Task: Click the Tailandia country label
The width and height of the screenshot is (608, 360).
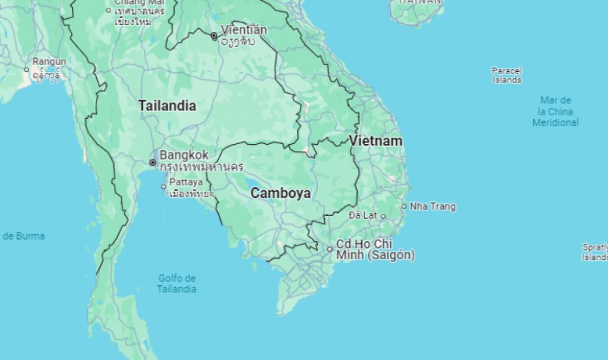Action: (166, 106)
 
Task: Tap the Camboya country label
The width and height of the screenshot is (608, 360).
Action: (280, 193)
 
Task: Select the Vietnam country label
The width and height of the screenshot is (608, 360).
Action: (376, 141)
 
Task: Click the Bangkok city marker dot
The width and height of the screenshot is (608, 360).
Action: (152, 163)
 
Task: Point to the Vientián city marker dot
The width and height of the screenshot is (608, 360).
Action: (214, 36)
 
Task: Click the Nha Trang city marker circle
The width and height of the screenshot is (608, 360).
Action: (404, 206)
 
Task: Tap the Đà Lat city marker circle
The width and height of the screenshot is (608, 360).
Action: (383, 216)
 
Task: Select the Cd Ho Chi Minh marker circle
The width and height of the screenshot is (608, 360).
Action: (330, 249)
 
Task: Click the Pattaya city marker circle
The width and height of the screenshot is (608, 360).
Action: (164, 187)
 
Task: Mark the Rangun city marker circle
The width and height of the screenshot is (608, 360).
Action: (27, 69)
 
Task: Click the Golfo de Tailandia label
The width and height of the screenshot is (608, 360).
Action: (176, 284)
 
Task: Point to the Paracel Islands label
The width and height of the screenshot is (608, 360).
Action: (507, 75)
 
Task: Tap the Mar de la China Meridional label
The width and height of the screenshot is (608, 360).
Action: (556, 112)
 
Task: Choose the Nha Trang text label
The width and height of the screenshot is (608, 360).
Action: (433, 206)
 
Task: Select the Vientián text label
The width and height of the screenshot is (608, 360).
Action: (243, 30)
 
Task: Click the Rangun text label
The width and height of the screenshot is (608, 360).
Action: (49, 62)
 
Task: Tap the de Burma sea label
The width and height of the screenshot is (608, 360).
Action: (23, 236)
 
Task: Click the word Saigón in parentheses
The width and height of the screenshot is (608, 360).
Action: (391, 255)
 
